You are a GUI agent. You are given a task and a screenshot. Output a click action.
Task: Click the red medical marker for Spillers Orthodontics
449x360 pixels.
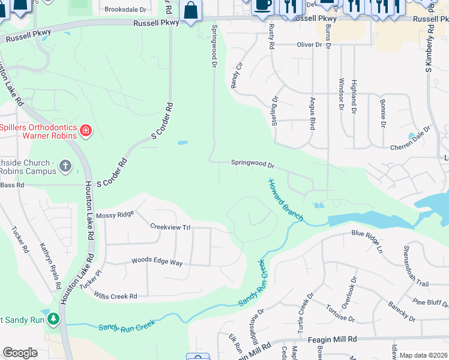[85, 130]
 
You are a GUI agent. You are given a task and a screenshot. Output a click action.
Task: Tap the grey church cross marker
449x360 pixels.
[65, 165]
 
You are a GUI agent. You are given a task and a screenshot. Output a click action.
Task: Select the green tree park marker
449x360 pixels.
[54, 318]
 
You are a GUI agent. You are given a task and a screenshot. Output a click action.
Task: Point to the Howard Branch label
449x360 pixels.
[285, 199]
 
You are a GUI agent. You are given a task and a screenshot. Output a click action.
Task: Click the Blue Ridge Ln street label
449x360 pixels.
[367, 239]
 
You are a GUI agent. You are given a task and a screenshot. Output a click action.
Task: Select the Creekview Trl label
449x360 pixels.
[170, 227]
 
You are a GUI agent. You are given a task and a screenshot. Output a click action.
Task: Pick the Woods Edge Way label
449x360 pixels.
[157, 262]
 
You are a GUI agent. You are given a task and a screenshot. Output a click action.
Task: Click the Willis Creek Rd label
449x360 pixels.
[116, 296]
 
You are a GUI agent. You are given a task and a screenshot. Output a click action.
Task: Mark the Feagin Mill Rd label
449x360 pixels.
[332, 339]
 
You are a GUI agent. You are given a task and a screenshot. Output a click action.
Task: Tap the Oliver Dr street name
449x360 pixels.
[310, 45]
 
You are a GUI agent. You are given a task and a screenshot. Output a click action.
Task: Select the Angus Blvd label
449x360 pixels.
[312, 114]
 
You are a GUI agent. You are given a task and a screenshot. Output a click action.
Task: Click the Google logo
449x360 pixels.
[20, 353]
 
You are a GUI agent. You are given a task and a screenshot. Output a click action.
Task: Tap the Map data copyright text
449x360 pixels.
[423, 355]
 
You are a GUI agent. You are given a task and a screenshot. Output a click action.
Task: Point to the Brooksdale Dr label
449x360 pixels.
[125, 10]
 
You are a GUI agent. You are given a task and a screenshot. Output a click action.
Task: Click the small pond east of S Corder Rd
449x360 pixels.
[182, 143]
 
